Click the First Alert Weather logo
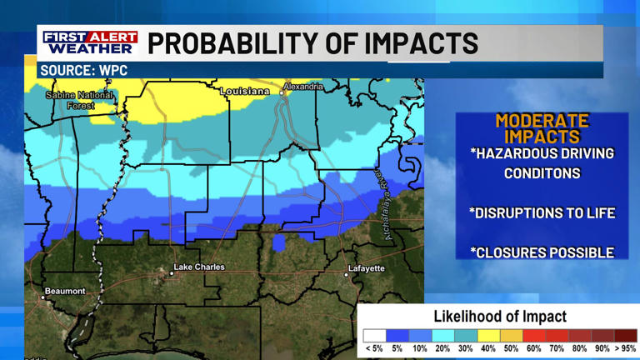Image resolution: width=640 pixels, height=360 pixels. tap(91, 42)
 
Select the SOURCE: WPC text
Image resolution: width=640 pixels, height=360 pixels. tap(84, 71)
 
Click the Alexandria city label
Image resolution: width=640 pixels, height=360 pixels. tap(303, 87)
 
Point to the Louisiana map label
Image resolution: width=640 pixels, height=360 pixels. tap(245, 91)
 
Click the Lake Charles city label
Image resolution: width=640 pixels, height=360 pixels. tap(198, 267)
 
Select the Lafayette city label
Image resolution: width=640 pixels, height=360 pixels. tap(366, 268)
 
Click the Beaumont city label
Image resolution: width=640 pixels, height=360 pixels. tap(65, 291)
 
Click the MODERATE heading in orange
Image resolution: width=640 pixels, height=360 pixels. tap(542, 121)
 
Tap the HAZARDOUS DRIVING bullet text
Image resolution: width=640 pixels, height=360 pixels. tap(542, 153)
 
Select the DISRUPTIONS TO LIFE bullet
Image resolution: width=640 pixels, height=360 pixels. tap(542, 213)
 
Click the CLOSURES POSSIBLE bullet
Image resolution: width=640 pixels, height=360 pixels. tap(542, 252)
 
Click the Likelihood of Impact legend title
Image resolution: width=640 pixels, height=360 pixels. tap(499, 317)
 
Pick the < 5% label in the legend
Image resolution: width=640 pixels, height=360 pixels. tap(373, 348)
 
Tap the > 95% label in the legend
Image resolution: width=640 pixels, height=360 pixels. tap(625, 348)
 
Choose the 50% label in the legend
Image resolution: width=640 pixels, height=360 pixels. tap(510, 348)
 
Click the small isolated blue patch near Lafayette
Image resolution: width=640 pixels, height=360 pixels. tap(279, 243)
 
